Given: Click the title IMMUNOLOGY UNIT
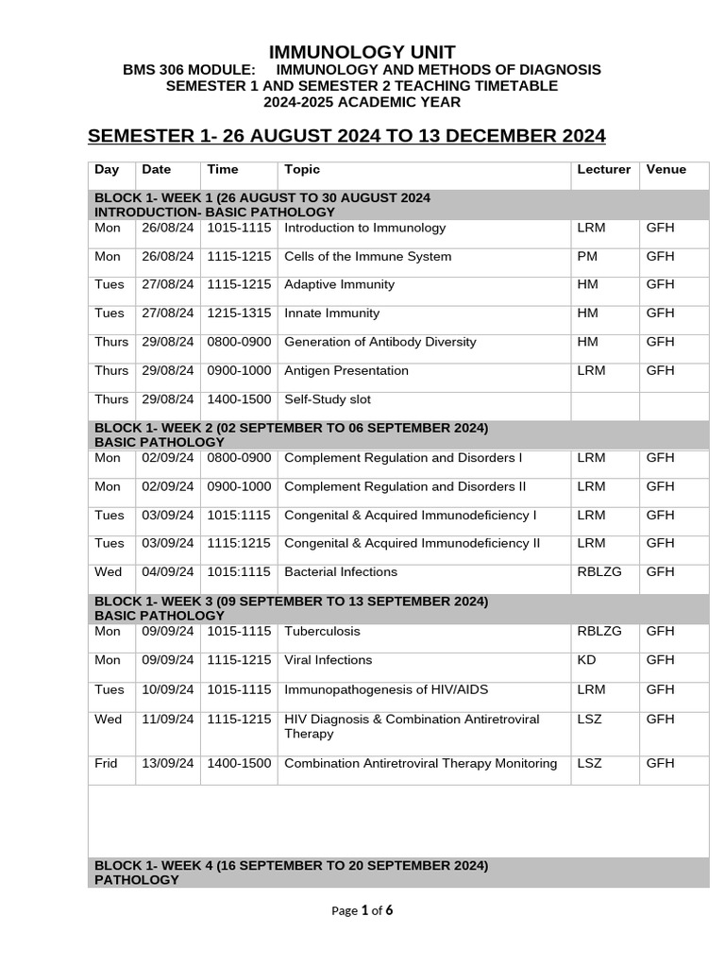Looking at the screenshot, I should (362, 52).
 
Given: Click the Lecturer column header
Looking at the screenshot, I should (603, 170).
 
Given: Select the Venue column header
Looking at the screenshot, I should (666, 170).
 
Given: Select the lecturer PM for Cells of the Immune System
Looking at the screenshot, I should (585, 257).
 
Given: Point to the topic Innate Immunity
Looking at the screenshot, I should (331, 314).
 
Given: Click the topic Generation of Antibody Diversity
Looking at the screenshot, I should (379, 342).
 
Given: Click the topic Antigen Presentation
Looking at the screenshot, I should (346, 371).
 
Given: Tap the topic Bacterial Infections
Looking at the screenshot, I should (341, 572).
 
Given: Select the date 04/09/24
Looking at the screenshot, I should (168, 572).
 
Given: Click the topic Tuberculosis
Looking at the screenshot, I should (322, 632).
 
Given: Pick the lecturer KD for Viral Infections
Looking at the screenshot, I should (585, 660).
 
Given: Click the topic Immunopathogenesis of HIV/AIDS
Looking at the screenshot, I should (386, 689).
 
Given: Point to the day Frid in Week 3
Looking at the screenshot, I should (108, 764).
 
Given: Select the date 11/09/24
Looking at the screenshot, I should (168, 720).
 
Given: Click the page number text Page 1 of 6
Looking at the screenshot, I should (362, 910).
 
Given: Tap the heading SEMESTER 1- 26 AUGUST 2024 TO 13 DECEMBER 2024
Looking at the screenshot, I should (346, 136).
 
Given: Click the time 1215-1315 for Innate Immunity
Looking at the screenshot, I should (239, 314).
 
